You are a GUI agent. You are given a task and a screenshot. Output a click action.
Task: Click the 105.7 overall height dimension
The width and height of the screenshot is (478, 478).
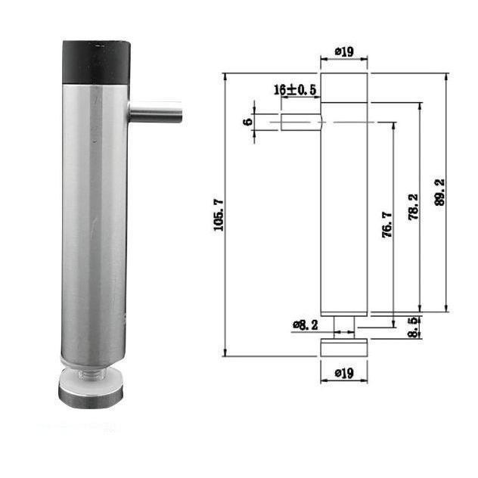click(x=219, y=215)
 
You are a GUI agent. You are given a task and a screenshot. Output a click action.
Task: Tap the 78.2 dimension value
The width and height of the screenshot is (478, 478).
click(x=413, y=208)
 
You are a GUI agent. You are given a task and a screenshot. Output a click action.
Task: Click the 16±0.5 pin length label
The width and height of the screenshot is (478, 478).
click(x=295, y=90)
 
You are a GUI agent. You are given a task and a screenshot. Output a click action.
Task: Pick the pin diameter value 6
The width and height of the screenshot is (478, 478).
click(x=247, y=121)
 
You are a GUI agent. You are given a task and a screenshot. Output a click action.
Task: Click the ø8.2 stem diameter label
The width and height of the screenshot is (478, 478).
click(x=306, y=324)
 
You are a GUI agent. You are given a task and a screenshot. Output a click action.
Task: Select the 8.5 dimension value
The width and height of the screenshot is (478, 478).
click(x=414, y=327)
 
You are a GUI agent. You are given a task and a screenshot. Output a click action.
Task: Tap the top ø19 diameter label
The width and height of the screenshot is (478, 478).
click(x=344, y=51)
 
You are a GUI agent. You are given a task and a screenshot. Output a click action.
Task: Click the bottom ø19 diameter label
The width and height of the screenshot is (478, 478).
click(x=344, y=372)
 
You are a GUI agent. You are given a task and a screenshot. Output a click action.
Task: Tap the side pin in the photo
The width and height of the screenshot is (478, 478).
click(x=156, y=113)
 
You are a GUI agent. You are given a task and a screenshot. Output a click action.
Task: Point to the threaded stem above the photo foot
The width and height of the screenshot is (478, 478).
click(x=89, y=371)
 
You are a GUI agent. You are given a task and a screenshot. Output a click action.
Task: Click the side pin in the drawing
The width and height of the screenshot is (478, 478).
click(x=301, y=122)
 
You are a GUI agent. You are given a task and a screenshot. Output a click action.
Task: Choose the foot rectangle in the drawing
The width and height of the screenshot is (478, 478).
click(x=344, y=348)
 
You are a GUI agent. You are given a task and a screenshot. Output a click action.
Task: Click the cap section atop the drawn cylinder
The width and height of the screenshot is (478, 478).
click(x=344, y=87)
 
